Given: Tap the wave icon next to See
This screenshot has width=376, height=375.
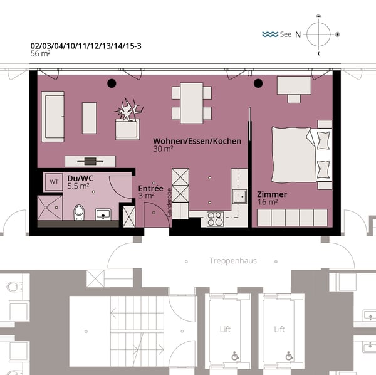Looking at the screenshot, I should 270,34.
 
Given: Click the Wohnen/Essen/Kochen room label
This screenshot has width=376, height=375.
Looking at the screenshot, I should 197,142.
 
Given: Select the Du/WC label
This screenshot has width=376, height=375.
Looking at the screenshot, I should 80,178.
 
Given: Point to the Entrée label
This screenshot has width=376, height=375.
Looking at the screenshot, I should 150,188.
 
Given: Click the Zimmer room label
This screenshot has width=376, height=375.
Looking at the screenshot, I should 272,194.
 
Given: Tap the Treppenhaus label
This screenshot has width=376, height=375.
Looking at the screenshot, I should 232,260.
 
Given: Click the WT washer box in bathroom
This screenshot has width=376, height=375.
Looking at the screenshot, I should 54,182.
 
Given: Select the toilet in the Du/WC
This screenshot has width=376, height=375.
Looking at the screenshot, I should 79,212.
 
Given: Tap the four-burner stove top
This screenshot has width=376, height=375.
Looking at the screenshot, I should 215,219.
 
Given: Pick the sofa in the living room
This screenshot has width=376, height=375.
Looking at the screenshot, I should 53,116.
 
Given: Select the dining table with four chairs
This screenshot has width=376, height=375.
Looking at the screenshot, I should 192,103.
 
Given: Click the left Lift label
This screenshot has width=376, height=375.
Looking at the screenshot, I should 225,329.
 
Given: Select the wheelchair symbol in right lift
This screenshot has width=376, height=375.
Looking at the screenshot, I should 289,356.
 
